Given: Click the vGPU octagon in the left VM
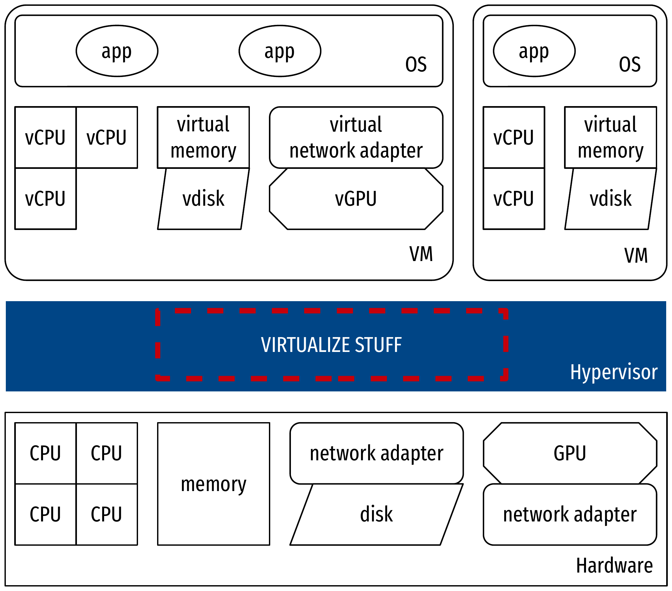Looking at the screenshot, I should click(x=356, y=199).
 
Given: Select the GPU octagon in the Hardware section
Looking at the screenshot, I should click(x=570, y=453).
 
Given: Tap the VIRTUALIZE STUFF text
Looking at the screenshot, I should click(x=331, y=345).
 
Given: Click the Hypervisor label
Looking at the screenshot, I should click(x=613, y=372).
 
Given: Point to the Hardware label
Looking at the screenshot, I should click(x=614, y=566).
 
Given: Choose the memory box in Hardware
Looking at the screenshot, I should click(x=213, y=484).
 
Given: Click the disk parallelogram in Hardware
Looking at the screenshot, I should click(x=377, y=514).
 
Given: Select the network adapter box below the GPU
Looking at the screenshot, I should click(x=570, y=514).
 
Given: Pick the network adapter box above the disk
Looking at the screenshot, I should click(x=377, y=453).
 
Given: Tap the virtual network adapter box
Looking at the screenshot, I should click(x=356, y=137).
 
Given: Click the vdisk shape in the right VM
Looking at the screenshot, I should click(x=610, y=199).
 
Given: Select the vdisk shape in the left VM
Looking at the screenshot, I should click(x=203, y=199).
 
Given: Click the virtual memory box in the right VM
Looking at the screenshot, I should click(x=610, y=137).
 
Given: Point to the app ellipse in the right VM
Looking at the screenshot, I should click(x=534, y=51).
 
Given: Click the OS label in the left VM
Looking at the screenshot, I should click(x=416, y=64).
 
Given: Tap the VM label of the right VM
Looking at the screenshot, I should click(x=636, y=255).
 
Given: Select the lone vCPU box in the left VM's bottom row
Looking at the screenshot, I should click(x=45, y=199).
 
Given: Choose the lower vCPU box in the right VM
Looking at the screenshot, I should click(x=514, y=199).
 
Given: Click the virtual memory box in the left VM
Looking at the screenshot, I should click(x=203, y=137).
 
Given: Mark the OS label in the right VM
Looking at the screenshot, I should click(x=630, y=64).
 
